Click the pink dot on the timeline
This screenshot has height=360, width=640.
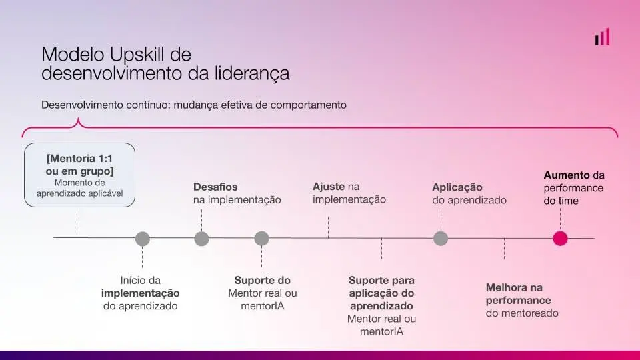560,239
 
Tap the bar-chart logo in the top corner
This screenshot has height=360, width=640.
602,37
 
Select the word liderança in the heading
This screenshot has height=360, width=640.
252,73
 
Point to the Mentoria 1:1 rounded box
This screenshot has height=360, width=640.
79,175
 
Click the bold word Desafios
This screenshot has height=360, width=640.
215,187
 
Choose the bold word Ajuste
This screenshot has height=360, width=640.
329,187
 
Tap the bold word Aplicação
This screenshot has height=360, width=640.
457,187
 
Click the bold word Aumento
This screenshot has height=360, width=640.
567,175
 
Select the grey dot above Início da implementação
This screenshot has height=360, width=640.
143,239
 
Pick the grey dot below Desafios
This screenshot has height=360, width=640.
201,239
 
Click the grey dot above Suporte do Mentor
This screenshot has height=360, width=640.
261,239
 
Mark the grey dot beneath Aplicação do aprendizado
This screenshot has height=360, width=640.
441,239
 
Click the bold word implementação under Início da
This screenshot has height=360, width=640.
141,293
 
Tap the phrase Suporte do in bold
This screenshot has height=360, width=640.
263,281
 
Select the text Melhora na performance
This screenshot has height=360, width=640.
519,294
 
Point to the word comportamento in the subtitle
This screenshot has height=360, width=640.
308,105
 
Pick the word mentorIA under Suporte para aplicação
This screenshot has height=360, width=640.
381,331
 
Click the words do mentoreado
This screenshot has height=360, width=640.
522,313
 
